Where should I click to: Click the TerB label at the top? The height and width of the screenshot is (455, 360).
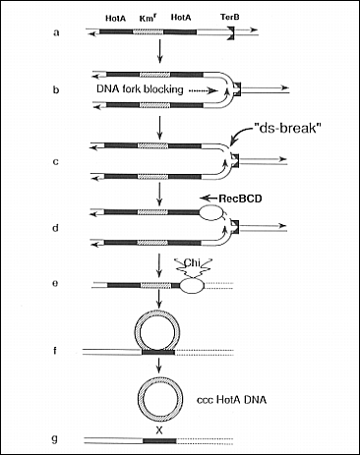click(229, 17)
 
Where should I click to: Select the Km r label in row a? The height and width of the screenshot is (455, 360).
click(148, 18)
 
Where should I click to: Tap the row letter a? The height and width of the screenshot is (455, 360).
click(56, 32)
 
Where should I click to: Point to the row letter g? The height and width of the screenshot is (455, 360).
click(55, 439)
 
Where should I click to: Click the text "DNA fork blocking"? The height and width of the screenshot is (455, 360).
click(140, 89)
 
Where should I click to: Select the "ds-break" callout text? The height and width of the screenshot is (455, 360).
click(287, 128)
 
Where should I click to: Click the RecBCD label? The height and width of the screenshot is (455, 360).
click(240, 199)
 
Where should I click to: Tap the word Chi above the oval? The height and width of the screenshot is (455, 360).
click(192, 262)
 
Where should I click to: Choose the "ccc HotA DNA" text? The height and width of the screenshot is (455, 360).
click(231, 400)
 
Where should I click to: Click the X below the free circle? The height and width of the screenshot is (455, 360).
click(159, 430)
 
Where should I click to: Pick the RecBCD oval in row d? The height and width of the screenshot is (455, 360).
click(210, 213)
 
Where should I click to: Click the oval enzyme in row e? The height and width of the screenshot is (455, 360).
click(192, 285)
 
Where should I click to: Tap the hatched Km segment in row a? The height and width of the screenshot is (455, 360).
click(148, 32)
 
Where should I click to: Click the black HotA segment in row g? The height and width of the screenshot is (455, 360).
click(159, 441)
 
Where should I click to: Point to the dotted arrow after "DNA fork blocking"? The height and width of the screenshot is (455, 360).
click(204, 90)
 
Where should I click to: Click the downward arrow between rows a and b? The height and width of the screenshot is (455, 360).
click(159, 51)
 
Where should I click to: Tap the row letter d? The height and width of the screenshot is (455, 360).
click(56, 228)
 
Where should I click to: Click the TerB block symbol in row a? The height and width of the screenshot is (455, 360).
click(232, 33)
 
